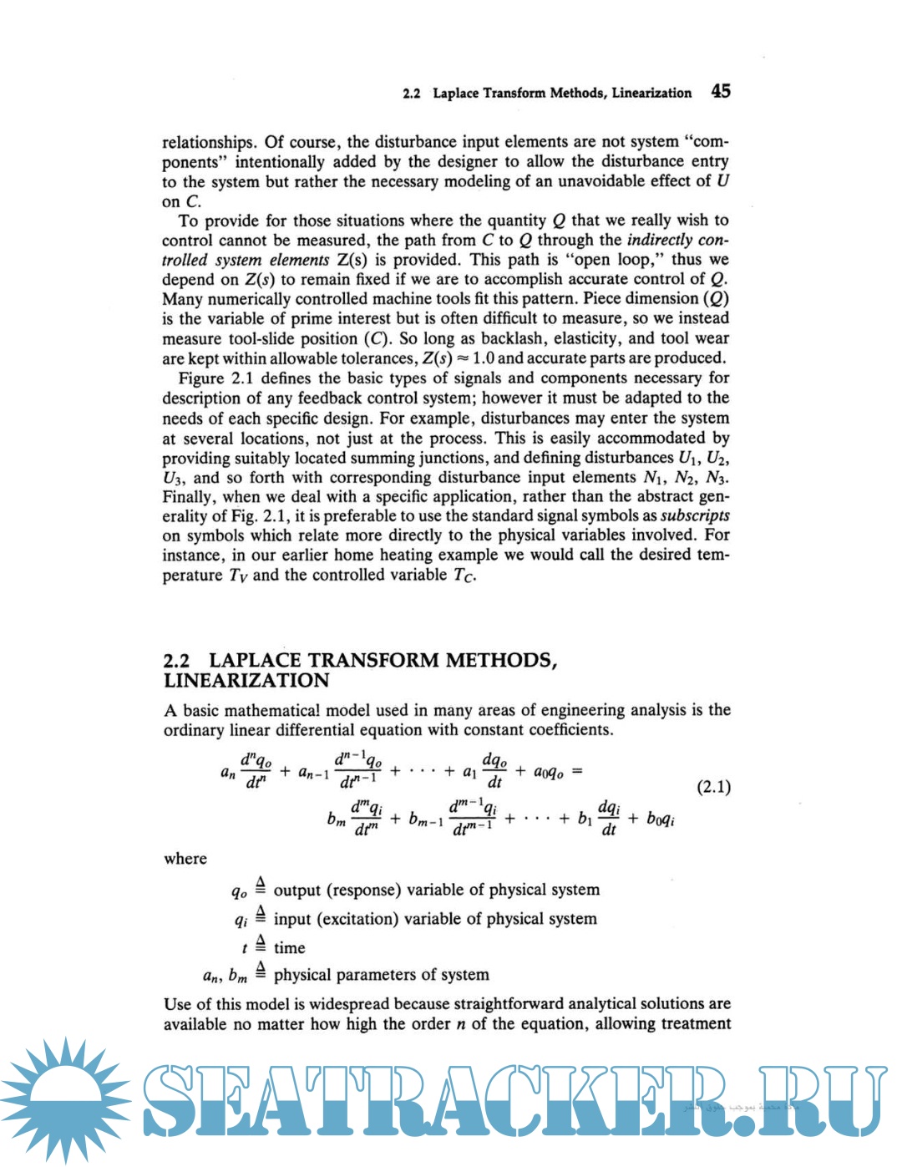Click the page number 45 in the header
721,91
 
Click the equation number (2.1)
713,786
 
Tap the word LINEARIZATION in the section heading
246,681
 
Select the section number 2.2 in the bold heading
176,660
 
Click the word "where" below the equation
185,859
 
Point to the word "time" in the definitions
289,947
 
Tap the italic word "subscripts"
695,515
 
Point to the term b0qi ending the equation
661,819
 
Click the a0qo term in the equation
548,772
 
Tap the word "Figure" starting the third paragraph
200,378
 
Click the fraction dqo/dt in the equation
494,770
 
